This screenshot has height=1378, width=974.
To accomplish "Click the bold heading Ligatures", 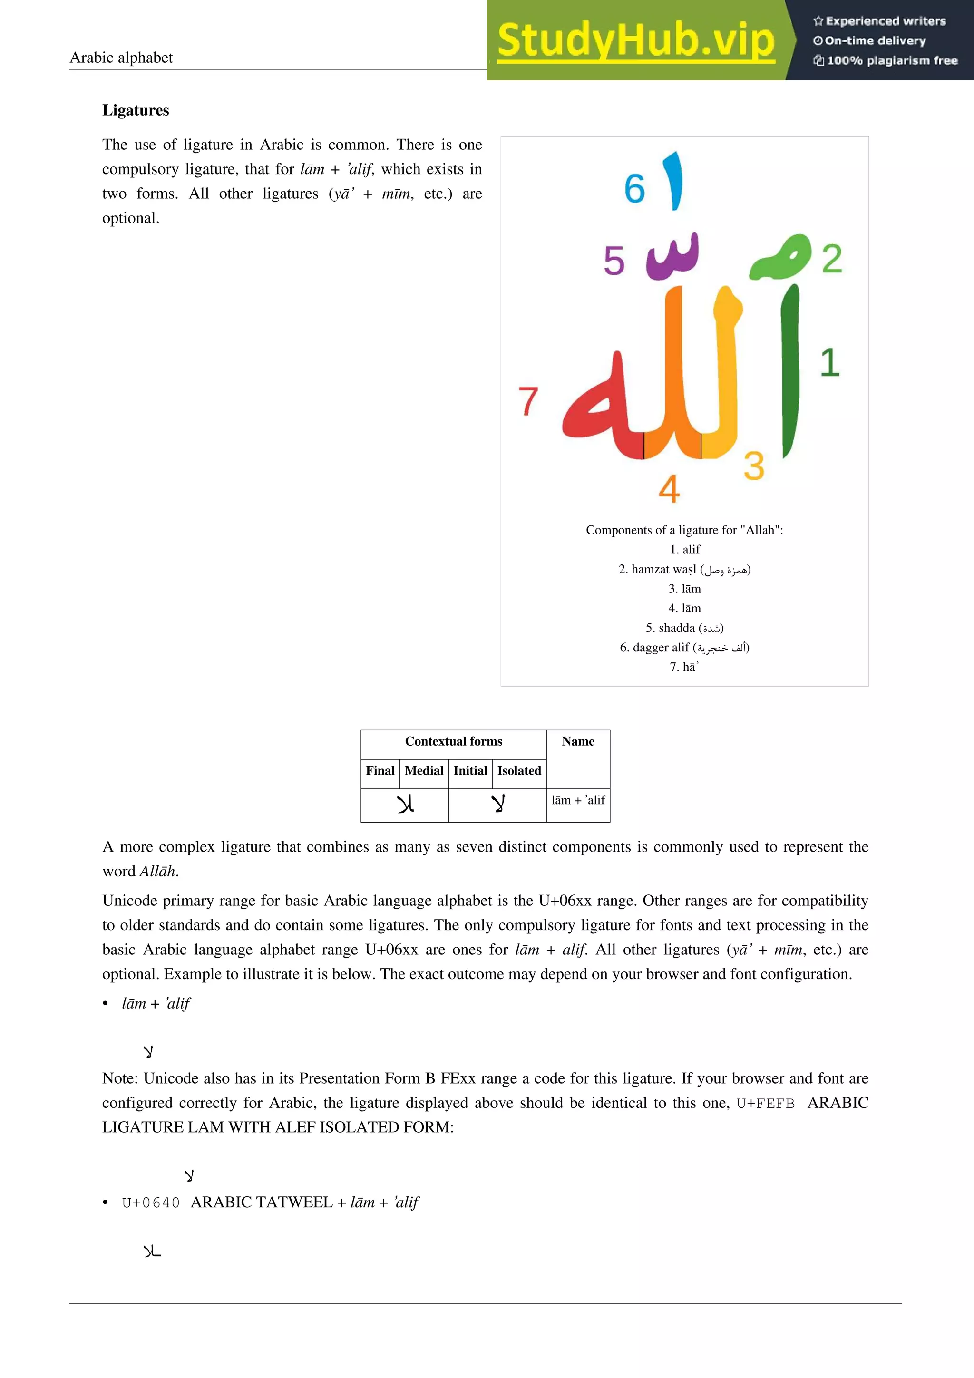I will click(x=136, y=110).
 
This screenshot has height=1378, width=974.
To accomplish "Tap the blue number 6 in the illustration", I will click(x=634, y=188).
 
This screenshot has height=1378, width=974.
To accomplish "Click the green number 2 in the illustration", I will click(x=832, y=259).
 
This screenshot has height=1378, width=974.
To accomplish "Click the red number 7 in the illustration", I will click(x=528, y=401).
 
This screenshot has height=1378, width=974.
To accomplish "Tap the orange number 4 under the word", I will click(x=669, y=489).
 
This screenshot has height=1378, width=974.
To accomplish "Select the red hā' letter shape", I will click(x=600, y=414).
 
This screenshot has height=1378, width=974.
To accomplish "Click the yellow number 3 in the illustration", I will click(x=754, y=466).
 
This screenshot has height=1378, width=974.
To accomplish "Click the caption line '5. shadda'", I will click(x=684, y=628).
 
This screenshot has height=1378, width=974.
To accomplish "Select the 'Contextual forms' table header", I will click(x=453, y=741).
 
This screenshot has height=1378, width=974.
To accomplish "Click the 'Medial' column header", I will click(x=424, y=771).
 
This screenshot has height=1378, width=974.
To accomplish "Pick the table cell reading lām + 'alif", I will click(x=578, y=800).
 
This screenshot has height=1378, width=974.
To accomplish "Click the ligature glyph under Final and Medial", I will click(x=405, y=804).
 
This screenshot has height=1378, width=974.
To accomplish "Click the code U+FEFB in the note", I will click(x=765, y=1103).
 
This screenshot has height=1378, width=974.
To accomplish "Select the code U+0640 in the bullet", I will click(x=151, y=1203).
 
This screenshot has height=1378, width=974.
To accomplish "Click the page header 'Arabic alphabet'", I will click(x=121, y=58).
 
